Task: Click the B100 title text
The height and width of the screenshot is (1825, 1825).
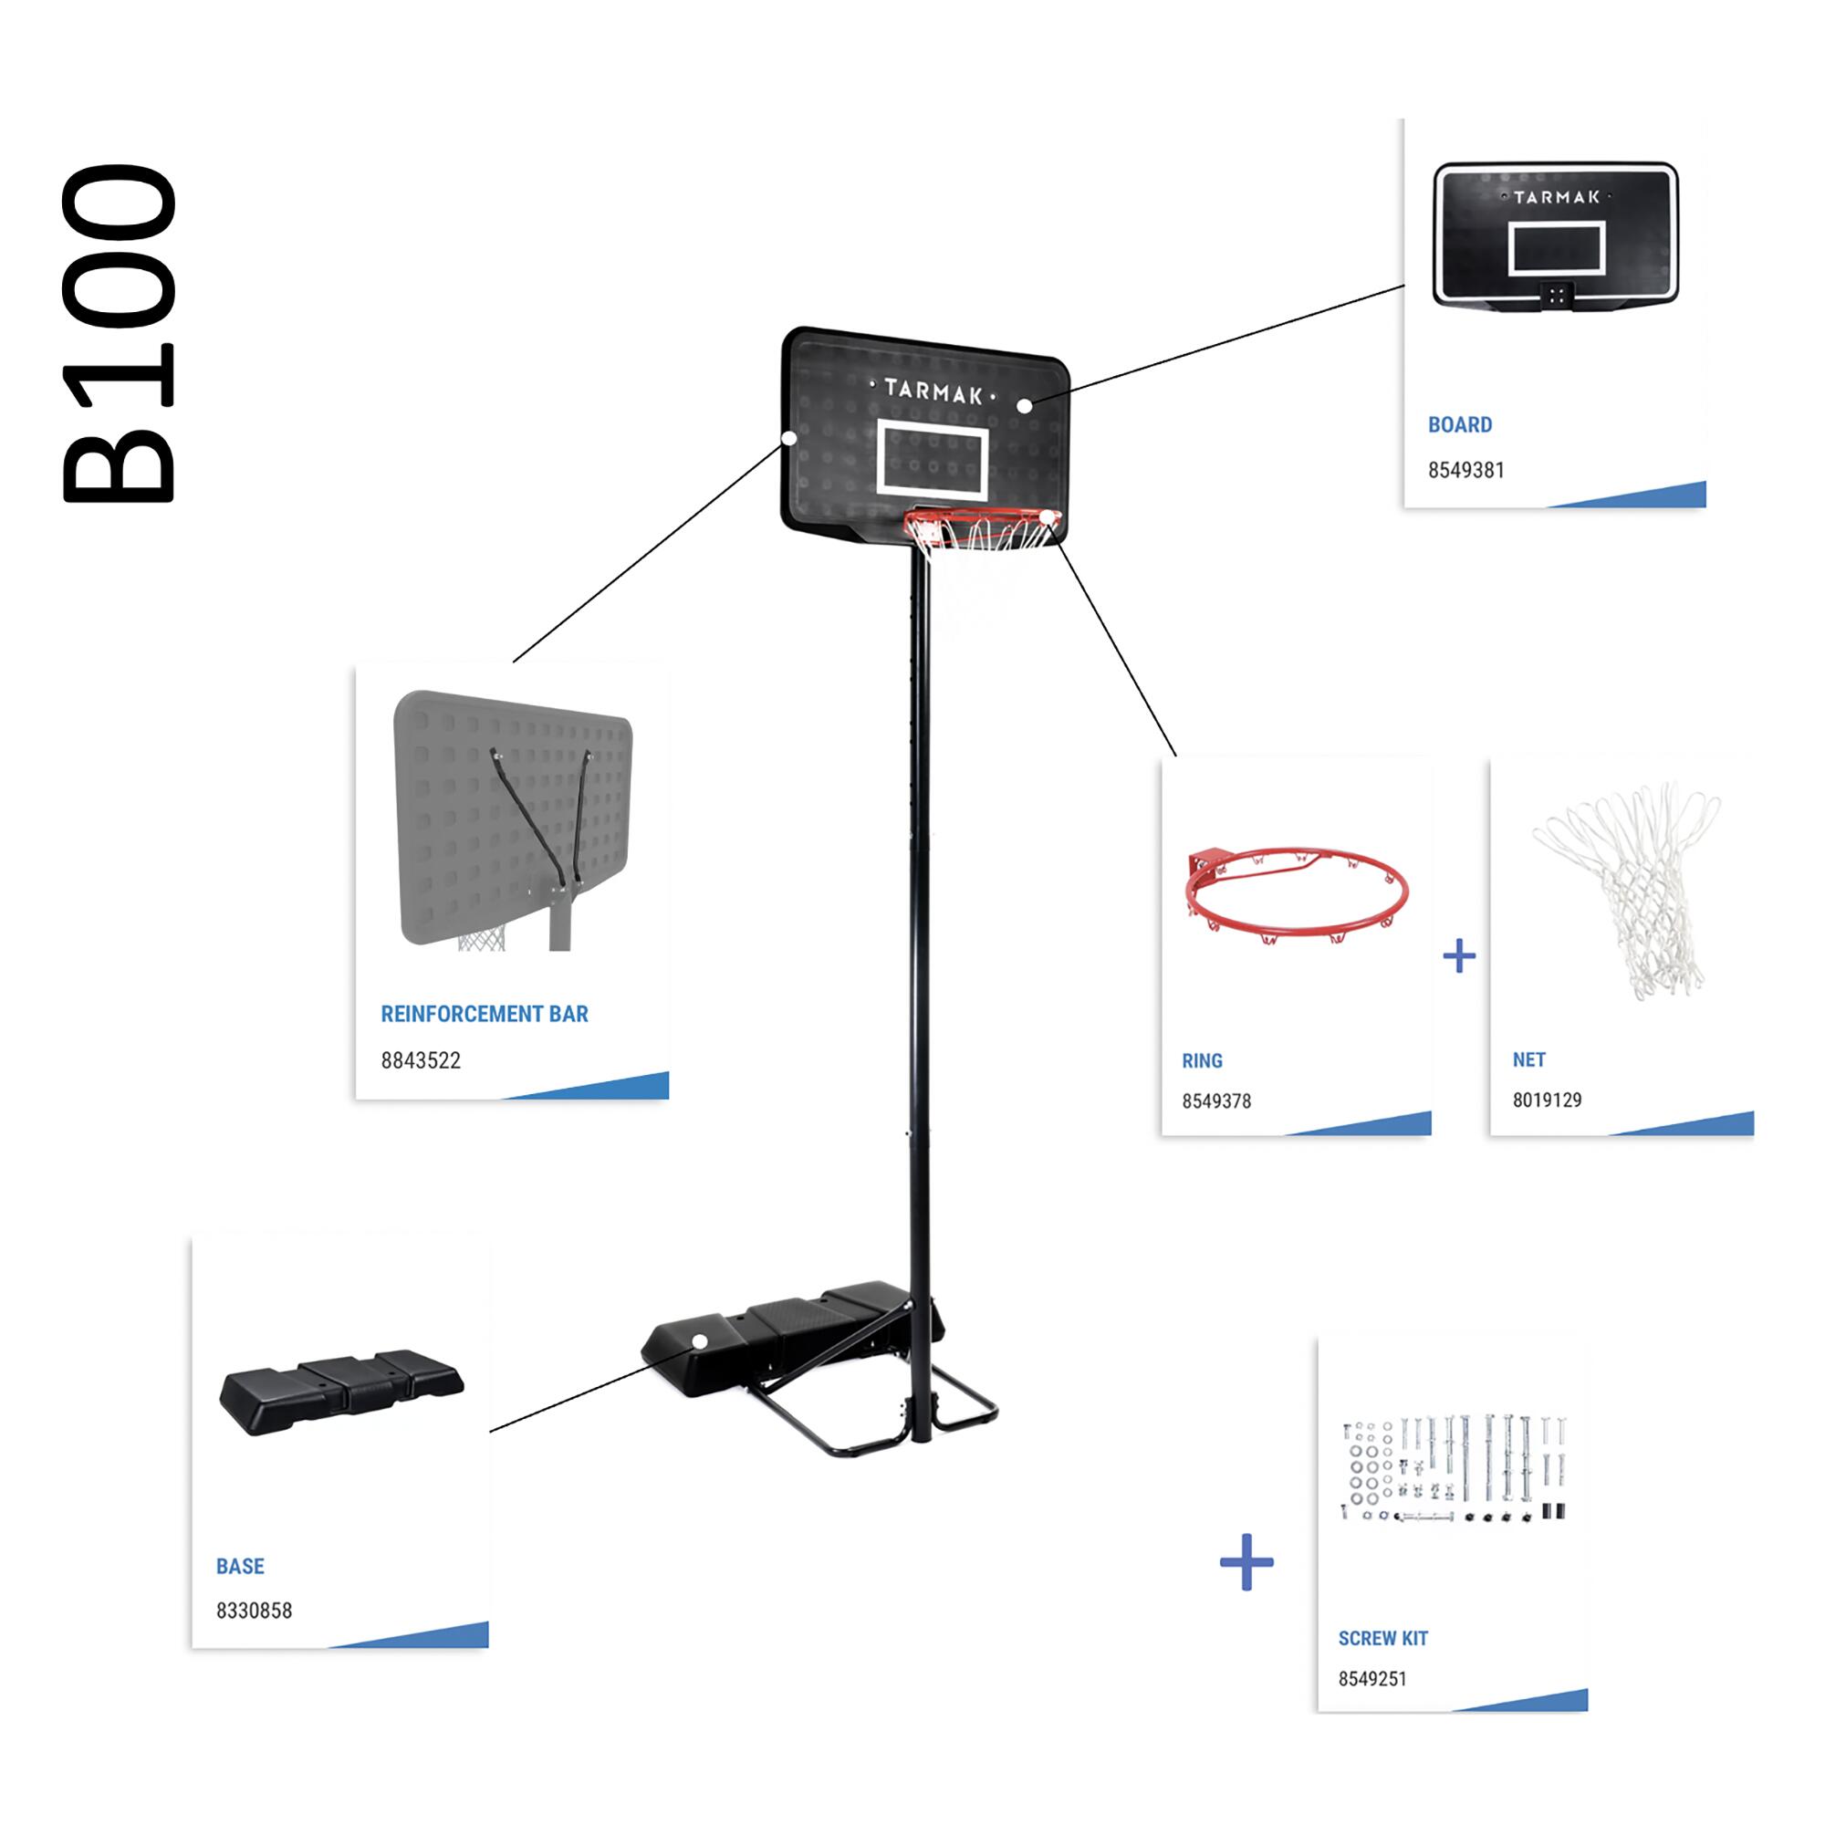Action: coord(118,332)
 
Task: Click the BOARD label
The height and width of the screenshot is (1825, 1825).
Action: coord(1459,425)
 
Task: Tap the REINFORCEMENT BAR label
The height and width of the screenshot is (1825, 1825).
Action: coord(484,1014)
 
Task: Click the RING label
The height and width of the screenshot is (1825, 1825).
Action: coord(1202,1061)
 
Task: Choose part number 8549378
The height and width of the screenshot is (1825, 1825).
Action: coord(1215,1101)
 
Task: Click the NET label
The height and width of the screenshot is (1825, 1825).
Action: coord(1528,1059)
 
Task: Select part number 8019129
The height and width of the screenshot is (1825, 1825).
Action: coord(1547,1100)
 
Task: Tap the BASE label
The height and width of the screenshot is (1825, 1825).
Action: coord(240,1566)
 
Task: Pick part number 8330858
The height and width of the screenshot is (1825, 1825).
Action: coord(254,1611)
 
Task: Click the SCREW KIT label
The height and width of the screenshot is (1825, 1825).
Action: coord(1382,1639)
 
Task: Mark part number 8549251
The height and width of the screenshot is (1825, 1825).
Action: coord(1371,1680)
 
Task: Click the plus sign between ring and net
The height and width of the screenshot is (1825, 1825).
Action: coord(1459,956)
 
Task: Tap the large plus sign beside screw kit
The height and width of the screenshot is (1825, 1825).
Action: coord(1246,1561)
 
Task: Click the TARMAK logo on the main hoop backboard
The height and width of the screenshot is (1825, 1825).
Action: coord(933,391)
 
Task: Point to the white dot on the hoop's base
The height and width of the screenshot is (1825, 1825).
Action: coord(700,1341)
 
